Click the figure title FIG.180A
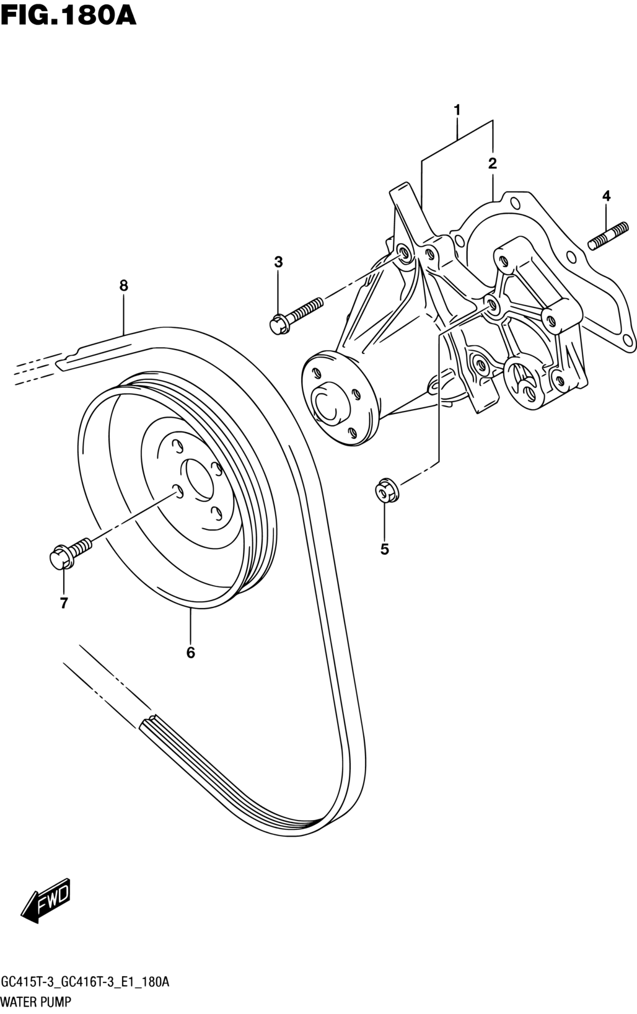point(68,16)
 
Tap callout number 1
point(457,110)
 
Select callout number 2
point(493,164)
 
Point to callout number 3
point(606,196)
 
